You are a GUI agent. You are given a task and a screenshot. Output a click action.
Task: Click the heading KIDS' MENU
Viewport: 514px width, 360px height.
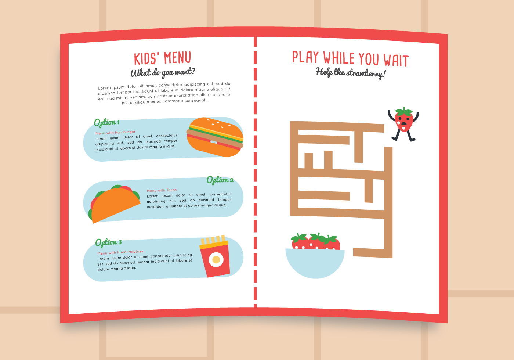click(x=162, y=58)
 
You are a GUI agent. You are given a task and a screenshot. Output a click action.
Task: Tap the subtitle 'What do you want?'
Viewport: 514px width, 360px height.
click(x=163, y=72)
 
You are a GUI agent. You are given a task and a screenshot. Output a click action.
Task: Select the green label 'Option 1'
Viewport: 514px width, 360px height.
click(x=106, y=122)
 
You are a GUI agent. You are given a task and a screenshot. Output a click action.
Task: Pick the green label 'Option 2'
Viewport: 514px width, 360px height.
click(x=220, y=180)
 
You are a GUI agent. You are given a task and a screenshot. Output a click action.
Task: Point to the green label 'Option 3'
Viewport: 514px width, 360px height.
click(x=108, y=242)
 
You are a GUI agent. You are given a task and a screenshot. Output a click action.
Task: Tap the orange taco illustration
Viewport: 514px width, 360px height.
click(x=115, y=204)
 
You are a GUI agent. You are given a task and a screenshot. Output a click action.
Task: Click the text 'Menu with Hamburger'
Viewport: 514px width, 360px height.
click(x=115, y=132)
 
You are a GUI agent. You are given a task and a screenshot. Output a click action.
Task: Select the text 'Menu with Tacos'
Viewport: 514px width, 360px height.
click(x=162, y=190)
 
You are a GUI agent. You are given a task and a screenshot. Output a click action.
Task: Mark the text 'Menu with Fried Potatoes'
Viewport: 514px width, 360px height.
click(x=120, y=252)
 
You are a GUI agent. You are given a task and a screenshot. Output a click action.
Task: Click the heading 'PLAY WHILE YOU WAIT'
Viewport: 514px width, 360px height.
click(x=350, y=59)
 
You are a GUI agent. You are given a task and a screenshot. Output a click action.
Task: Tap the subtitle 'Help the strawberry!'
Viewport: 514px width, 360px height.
click(x=350, y=72)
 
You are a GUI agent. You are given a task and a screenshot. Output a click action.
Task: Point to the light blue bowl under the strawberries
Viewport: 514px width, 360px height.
click(x=315, y=263)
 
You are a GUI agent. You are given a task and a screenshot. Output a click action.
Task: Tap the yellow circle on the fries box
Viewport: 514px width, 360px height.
click(x=216, y=260)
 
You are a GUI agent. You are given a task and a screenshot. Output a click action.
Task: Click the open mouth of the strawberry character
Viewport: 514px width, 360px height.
click(x=403, y=124)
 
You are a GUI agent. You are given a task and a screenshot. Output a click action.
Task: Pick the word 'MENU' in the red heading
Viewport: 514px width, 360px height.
click(x=177, y=58)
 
